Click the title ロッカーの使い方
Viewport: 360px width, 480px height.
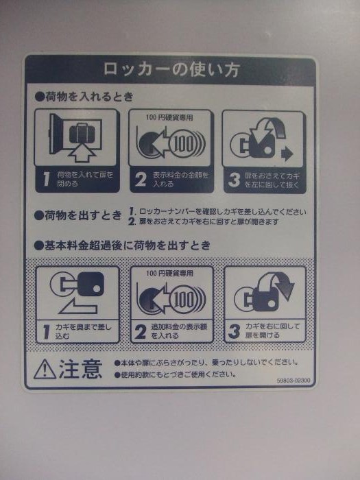(x=171, y=69)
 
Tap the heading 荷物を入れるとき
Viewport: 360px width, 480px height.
(x=84, y=97)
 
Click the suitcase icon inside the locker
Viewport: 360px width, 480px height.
(x=82, y=133)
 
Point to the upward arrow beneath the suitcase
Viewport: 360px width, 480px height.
(x=82, y=153)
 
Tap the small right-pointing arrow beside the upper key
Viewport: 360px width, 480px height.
(x=287, y=154)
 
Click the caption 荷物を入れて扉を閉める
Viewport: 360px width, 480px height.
(x=85, y=180)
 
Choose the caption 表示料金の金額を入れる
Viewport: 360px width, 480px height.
(x=180, y=180)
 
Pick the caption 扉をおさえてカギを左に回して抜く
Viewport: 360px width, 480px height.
(x=272, y=180)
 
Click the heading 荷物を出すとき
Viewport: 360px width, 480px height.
(x=78, y=215)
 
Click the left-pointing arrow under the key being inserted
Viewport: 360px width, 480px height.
(x=78, y=307)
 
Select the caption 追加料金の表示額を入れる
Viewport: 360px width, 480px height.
(x=179, y=331)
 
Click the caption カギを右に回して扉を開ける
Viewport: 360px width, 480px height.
(x=272, y=331)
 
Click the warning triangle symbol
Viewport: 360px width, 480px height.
(x=45, y=369)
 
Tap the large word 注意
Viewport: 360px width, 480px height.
(x=80, y=369)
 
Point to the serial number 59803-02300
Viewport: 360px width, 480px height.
(x=293, y=381)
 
